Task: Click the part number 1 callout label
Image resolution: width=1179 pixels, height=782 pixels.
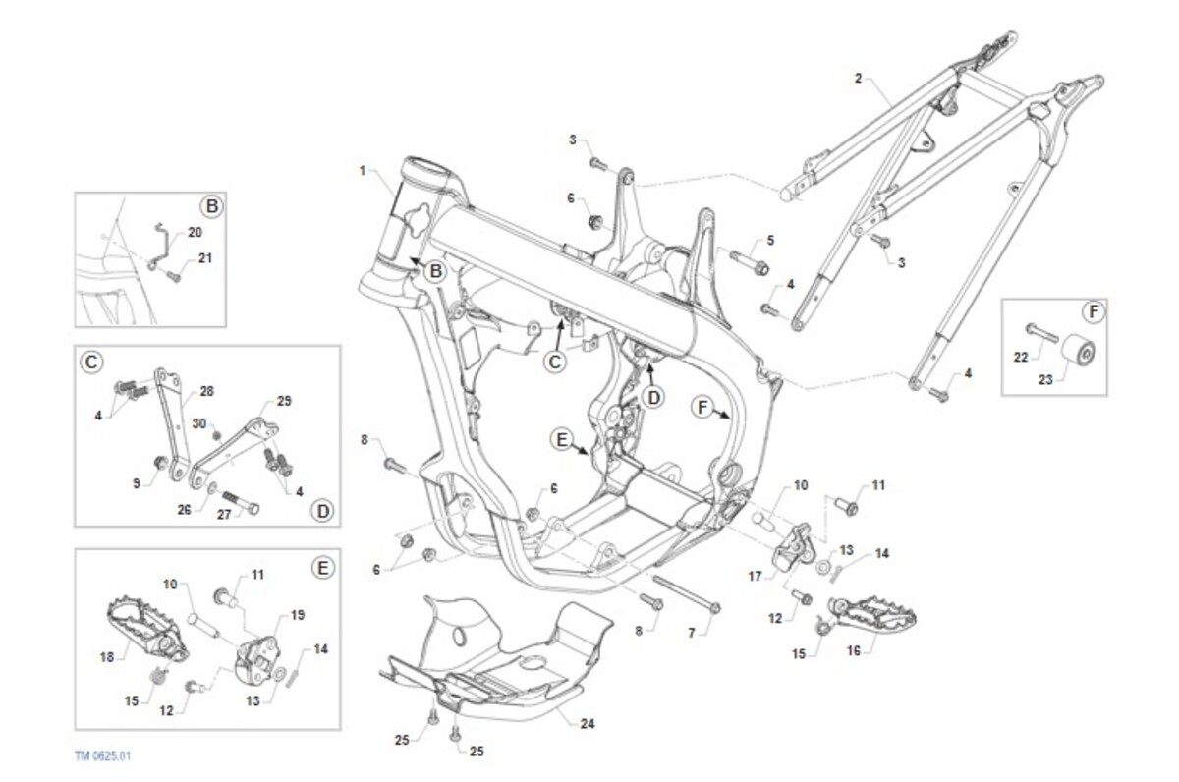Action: (x=363, y=171)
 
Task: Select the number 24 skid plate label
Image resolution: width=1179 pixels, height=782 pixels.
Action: (x=588, y=725)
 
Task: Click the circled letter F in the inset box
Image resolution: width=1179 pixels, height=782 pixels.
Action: (x=1094, y=312)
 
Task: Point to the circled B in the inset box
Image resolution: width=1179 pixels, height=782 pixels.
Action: (x=210, y=206)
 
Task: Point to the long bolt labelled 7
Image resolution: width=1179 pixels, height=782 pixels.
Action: (x=685, y=593)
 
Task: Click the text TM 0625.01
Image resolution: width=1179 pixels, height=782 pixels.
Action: (x=102, y=756)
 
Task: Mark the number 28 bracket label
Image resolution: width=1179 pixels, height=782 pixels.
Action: (x=206, y=391)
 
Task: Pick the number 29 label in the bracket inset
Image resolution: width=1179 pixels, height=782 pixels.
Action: (x=284, y=401)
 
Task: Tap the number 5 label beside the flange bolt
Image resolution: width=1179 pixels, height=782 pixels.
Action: (x=769, y=240)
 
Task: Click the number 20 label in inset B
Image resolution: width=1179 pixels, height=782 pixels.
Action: (x=195, y=233)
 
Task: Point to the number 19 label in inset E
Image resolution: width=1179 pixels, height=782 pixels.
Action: (x=298, y=614)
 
